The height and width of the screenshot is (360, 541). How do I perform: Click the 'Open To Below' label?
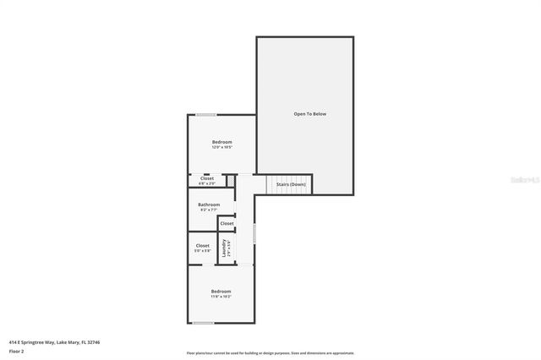[309, 113]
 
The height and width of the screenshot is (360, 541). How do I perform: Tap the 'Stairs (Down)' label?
[291, 183]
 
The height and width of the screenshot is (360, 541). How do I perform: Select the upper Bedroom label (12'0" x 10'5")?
[221, 141]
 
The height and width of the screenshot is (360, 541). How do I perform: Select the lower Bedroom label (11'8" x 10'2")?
[221, 291]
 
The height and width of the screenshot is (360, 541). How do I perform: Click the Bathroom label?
[209, 205]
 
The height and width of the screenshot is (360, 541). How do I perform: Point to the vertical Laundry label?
[225, 248]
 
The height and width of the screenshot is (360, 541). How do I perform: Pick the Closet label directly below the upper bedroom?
[207, 177]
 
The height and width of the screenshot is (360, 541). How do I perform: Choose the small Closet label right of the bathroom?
[227, 223]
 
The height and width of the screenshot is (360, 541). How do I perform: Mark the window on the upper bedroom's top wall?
[205, 115]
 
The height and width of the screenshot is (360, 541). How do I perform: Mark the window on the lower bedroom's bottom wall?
[203, 323]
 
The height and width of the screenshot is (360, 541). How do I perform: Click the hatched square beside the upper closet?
[229, 180]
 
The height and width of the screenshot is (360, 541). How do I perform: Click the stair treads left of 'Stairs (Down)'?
[270, 183]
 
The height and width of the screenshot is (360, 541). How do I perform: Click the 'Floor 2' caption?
[16, 351]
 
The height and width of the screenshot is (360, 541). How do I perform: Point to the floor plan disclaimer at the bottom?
[270, 353]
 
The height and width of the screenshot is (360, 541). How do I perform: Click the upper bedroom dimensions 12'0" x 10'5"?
[221, 147]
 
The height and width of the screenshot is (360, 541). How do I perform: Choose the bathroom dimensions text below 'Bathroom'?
[209, 210]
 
